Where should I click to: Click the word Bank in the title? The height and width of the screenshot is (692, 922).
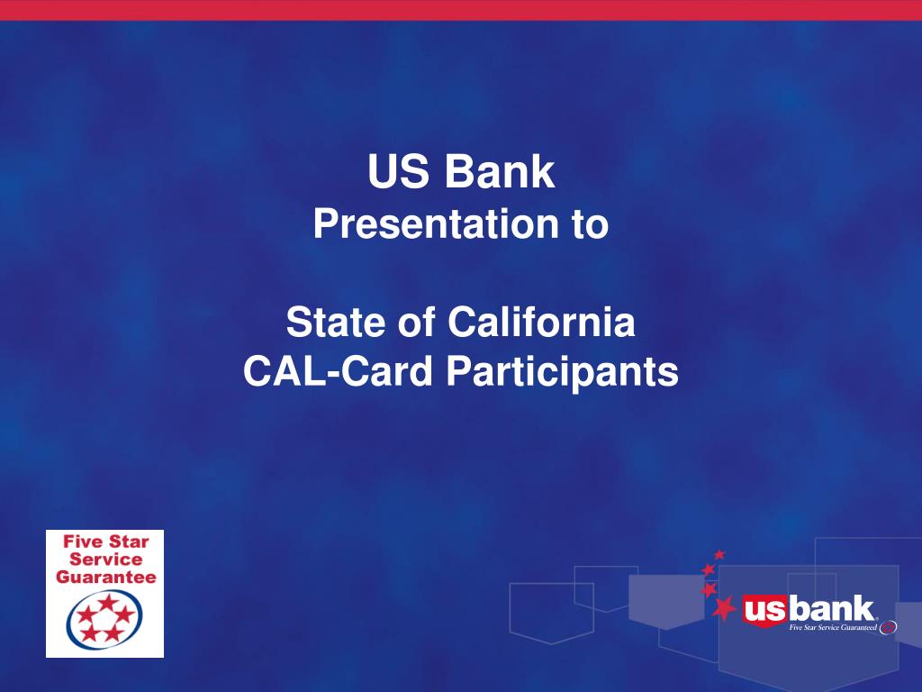pos(500,173)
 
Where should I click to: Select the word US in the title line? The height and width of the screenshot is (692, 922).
pos(399,173)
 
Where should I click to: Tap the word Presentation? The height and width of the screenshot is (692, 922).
pos(426,224)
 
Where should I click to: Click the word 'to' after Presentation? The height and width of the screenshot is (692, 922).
pos(591,225)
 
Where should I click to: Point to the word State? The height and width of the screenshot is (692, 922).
pos(333,323)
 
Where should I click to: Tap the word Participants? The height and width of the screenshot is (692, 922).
pos(562,372)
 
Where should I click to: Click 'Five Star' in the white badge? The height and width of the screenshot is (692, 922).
pos(104,542)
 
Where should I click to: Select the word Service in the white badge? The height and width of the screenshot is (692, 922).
pos(104,560)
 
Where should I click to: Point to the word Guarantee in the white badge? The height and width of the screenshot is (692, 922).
pos(105,577)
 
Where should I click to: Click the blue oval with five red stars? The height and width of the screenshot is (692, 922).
pos(104,620)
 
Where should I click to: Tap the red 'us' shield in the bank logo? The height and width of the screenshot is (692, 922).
pos(764,611)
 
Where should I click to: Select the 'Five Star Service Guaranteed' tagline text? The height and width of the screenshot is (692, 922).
pos(832,627)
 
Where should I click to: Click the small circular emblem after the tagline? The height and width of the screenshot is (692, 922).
pos(888,627)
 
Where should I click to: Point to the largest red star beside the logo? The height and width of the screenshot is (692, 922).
pos(723,609)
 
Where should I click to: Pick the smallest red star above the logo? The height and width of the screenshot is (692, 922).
pos(719,554)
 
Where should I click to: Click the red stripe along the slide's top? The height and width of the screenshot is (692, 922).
pos(461,9)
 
